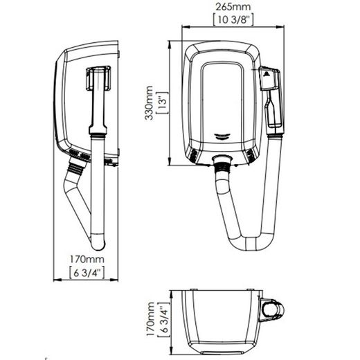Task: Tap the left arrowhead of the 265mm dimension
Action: (x=185, y=28)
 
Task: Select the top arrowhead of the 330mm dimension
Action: (x=170, y=43)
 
